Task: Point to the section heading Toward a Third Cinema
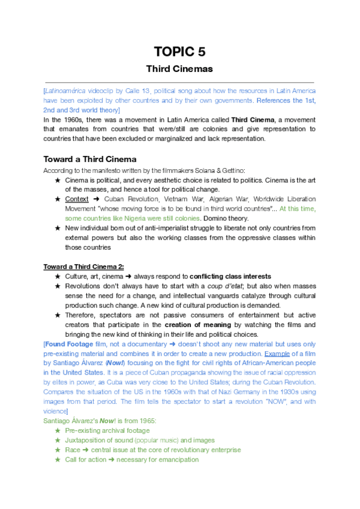tap(90, 159)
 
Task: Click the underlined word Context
tap(76, 198)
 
